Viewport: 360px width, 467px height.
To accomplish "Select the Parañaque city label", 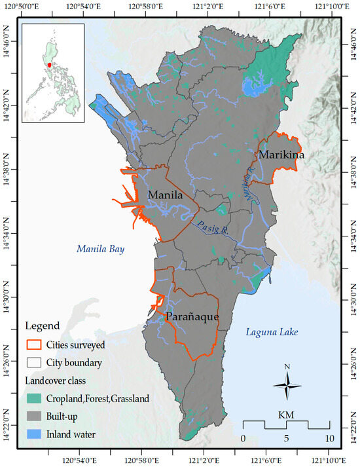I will [191, 316].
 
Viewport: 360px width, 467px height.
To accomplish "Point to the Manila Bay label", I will [100, 249].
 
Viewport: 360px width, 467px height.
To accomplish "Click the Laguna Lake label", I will [272, 333].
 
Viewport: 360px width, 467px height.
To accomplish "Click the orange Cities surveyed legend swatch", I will [33, 345].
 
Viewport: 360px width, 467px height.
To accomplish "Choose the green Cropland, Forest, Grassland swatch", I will [33, 399].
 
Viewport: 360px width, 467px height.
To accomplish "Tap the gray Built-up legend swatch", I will [33, 416].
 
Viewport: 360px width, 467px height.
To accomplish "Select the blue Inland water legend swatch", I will [33, 433].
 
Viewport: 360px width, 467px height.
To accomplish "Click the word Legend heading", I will [43, 326].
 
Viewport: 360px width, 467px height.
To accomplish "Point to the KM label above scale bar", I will [286, 415].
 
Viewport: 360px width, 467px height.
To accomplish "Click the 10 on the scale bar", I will [329, 438].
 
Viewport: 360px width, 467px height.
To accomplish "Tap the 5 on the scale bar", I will [286, 438].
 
